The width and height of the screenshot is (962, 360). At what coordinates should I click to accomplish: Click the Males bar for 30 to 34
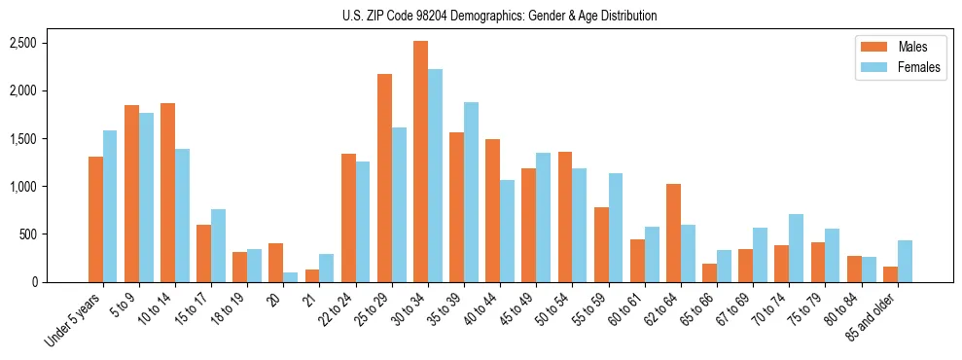tap(420, 162)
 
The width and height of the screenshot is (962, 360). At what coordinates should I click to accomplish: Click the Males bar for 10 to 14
tap(167, 193)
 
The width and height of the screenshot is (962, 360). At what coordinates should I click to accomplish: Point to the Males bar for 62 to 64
tap(673, 233)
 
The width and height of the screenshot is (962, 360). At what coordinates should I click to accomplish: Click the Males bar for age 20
tap(276, 263)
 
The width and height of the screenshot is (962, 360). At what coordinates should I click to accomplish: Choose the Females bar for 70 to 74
tap(796, 248)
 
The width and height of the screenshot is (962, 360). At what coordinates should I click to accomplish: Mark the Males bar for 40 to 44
tap(492, 210)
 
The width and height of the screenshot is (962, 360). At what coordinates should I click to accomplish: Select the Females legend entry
tap(891, 67)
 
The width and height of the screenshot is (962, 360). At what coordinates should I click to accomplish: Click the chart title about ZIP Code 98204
tap(499, 16)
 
